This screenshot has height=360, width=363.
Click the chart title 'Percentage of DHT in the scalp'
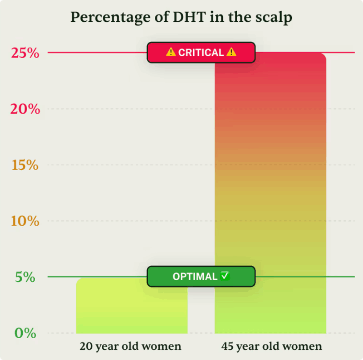point(181,17)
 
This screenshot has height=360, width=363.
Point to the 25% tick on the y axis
point(25,53)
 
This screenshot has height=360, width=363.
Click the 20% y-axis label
point(25,109)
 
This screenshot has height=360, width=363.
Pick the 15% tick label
point(25,165)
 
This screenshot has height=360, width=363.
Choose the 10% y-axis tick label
point(25,221)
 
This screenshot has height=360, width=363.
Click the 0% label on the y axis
point(25,333)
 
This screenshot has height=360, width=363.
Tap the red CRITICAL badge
point(201,52)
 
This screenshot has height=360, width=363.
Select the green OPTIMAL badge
point(201,276)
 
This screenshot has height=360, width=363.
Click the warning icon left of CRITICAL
point(171,52)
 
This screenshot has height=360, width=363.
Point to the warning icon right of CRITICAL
point(231,52)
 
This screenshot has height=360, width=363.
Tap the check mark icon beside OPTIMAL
point(225,276)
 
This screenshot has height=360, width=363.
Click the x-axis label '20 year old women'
point(130,346)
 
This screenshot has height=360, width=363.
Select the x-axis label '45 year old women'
point(271,346)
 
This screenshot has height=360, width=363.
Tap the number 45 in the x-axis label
point(226,346)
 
